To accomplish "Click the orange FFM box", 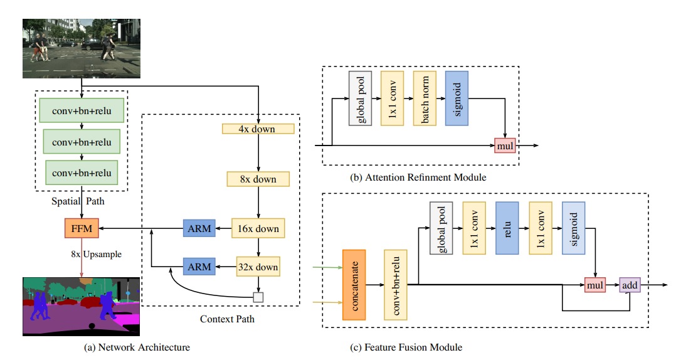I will click(x=82, y=229).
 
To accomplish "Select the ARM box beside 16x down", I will click(x=199, y=229).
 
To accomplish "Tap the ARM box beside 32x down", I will click(x=199, y=267).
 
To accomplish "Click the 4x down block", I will click(x=258, y=129).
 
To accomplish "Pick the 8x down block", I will click(x=258, y=179).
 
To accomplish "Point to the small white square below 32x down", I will click(x=258, y=297).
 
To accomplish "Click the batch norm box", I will click(x=425, y=97).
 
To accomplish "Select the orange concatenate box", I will click(x=354, y=284).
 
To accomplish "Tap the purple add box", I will click(x=630, y=285).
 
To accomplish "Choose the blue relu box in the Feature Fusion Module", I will click(x=507, y=228).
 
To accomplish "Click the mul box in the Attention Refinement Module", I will click(x=505, y=146).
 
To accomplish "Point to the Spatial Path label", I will click(x=78, y=203).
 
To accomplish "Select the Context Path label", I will click(x=227, y=319).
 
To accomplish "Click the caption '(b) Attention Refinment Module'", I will click(x=418, y=177).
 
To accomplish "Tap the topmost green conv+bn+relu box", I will click(x=82, y=110).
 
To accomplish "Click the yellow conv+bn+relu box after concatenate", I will click(x=396, y=284).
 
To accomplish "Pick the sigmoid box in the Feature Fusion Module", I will click(x=574, y=228).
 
